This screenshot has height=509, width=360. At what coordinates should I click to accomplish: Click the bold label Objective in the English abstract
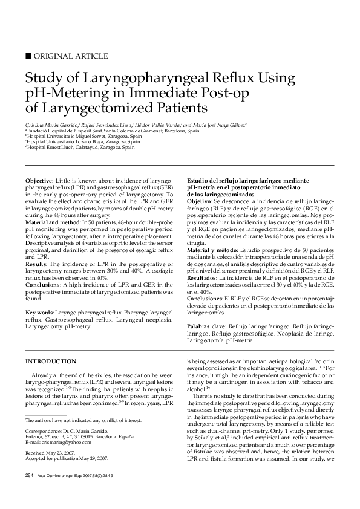pos(39,181)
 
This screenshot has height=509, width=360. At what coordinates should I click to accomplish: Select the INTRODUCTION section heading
pos(50,361)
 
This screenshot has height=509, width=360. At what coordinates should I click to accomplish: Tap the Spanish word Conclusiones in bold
pos(206,298)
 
